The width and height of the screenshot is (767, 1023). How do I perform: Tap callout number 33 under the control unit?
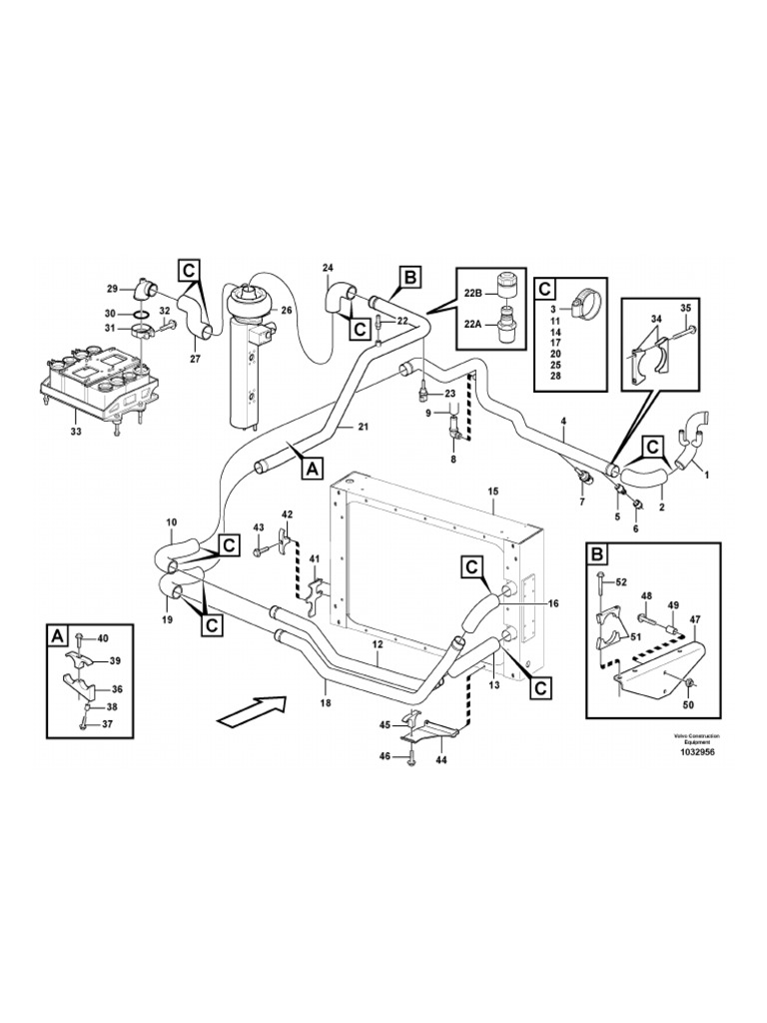pyautogui.click(x=77, y=432)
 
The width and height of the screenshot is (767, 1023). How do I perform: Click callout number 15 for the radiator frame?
pyautogui.click(x=492, y=492)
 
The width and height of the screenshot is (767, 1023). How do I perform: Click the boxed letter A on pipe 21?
pyautogui.click(x=311, y=466)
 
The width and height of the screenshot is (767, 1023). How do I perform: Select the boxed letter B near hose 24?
pyautogui.click(x=411, y=276)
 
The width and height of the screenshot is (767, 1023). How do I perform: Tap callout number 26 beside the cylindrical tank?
pyautogui.click(x=286, y=310)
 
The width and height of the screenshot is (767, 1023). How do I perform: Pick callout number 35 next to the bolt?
pyautogui.click(x=685, y=307)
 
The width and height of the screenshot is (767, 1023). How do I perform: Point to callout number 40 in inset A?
pyautogui.click(x=102, y=638)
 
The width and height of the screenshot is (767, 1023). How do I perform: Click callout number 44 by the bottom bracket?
pyautogui.click(x=440, y=759)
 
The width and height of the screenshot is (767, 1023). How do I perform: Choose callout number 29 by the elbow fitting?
pyautogui.click(x=113, y=289)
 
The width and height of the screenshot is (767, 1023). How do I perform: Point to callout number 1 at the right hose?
pyautogui.click(x=707, y=475)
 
